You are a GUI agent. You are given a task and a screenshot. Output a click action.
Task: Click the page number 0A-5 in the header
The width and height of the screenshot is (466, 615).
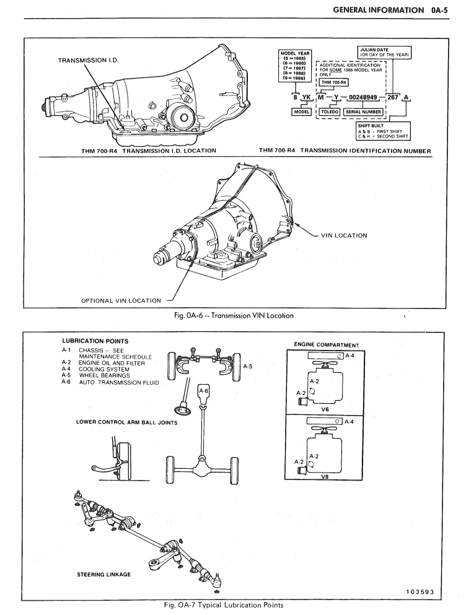pyautogui.click(x=442, y=10)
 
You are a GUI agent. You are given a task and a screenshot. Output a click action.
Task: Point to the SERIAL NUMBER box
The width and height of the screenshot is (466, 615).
pyautogui.click(x=363, y=111)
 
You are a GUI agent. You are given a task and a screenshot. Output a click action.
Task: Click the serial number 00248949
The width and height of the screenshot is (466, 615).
pyautogui.click(x=363, y=98)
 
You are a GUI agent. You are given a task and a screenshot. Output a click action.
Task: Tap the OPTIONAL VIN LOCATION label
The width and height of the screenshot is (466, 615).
pyautogui.click(x=121, y=301)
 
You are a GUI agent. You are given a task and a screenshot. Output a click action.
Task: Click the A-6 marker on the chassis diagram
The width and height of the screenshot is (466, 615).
pyautogui.click(x=204, y=391)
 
